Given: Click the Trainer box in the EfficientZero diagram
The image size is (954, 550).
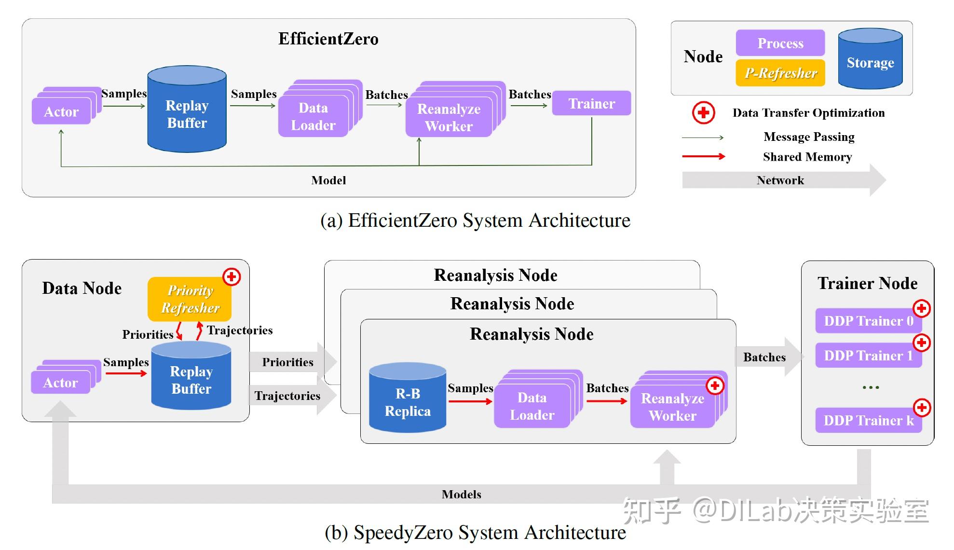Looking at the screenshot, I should tap(591, 103).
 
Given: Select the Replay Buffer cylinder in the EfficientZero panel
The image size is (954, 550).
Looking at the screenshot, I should tap(187, 114).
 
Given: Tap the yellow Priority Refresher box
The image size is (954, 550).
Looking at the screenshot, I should tap(190, 299).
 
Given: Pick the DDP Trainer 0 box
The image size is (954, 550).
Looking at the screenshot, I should tap(868, 321).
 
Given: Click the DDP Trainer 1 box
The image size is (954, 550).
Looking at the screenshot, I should tap(868, 356).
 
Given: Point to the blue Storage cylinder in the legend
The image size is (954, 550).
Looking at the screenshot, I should tap(870, 60).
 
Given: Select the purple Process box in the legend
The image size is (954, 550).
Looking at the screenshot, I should tap(780, 43).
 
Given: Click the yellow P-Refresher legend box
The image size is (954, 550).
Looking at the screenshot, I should tap(780, 73).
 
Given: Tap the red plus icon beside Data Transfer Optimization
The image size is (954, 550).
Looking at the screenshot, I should tap(704, 113).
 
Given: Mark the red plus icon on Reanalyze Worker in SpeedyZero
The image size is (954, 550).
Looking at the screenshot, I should tap(715, 385).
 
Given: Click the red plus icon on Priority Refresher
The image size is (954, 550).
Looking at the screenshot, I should tap(232, 277).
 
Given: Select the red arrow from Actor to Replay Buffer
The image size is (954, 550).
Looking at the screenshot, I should tap(126, 373).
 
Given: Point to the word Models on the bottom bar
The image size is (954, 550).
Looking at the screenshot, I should tap(461, 494).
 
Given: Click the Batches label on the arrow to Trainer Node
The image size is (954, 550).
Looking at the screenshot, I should tap(764, 357).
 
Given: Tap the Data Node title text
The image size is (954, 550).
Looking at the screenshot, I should tap(82, 288).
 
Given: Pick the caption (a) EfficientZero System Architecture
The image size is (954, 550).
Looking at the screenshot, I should tap(475, 220).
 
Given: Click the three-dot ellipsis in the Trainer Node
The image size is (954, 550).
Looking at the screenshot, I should tap(871, 387).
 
